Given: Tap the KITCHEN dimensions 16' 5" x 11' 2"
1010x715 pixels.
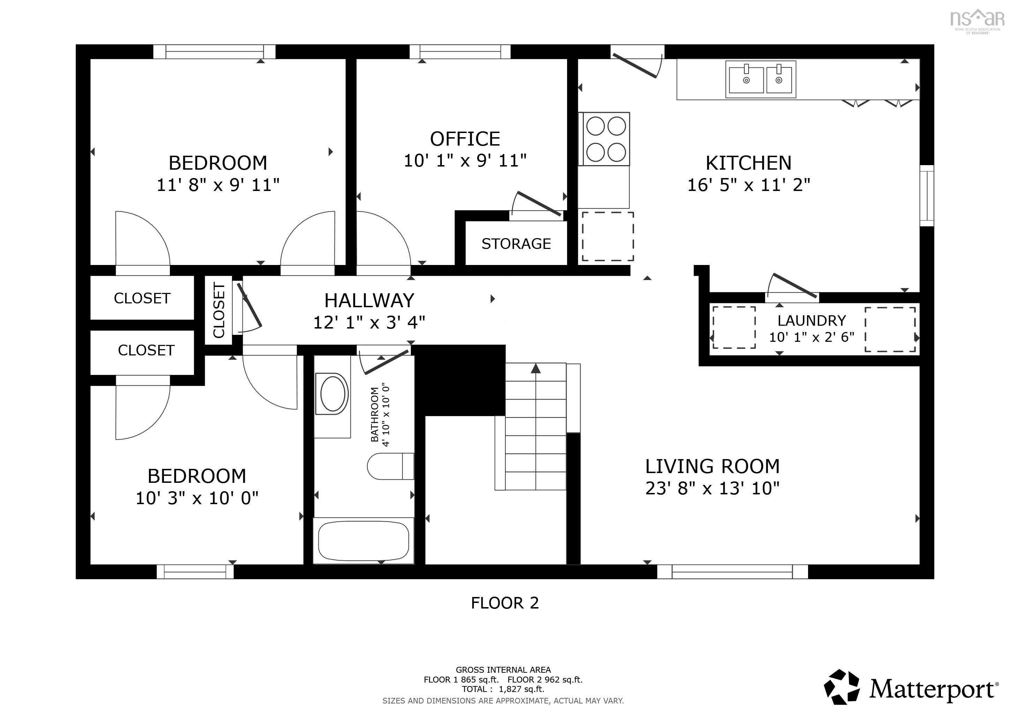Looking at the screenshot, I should coord(748,185).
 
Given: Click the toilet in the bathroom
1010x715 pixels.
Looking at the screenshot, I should coord(390,466).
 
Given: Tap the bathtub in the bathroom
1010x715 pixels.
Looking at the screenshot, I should coord(363,541).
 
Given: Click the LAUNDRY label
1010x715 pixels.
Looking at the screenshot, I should coord(811,320).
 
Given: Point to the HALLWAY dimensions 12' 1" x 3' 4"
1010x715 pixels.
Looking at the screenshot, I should coord(369,323).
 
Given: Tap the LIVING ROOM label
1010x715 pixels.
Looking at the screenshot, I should coord(712,466).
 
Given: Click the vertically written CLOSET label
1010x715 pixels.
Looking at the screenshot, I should coord(219,310).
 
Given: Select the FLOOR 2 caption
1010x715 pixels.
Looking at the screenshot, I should coord(505,603).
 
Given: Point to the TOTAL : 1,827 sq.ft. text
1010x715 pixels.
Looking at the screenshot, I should coord(503,689).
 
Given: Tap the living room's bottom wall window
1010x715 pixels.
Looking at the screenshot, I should coord(732,572).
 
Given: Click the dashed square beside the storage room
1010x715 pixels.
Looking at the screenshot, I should coord(608,236).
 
